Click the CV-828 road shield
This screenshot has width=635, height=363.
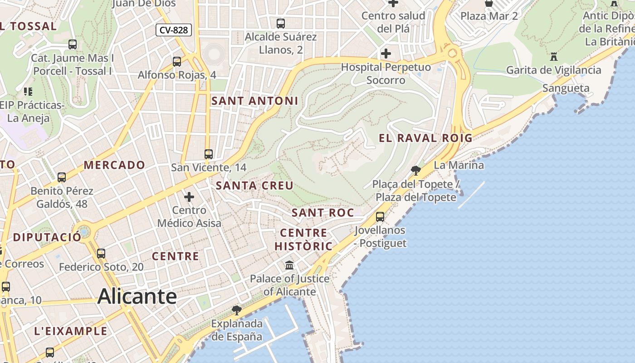[174, 30]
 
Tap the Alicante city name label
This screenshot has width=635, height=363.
[137, 296]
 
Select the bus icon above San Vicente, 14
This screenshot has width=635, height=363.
[209, 154]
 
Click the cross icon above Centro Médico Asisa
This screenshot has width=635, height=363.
[189, 197]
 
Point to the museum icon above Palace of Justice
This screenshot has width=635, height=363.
[289, 265]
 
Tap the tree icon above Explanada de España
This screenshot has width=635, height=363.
[236, 310]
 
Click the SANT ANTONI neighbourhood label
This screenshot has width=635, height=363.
[255, 101]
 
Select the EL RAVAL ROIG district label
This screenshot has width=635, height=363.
[425, 138]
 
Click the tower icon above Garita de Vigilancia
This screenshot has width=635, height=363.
[553, 57]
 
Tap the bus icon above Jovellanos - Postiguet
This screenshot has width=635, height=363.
[380, 217]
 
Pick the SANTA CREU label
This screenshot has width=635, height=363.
[254, 186]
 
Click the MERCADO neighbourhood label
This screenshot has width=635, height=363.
[114, 165]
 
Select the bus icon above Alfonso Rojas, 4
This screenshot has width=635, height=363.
[177, 61]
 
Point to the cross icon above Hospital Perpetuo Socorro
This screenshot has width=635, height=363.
[386, 54]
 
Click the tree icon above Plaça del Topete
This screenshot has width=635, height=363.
[415, 171]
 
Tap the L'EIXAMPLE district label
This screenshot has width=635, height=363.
[71, 331]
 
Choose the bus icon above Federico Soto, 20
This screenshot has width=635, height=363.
[101, 254]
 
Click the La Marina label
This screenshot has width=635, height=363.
[459, 165]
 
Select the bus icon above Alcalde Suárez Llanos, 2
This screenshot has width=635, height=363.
[281, 23]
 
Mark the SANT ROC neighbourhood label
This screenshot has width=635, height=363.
[322, 213]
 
